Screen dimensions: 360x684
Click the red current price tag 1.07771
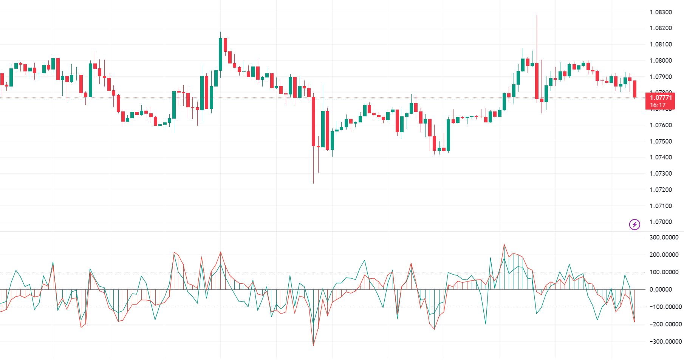tap(661, 98)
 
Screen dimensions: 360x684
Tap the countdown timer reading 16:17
tap(658, 105)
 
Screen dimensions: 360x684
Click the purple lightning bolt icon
tap(634, 225)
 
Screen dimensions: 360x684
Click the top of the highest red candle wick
tap(537, 15)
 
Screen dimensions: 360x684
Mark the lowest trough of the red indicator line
tap(313, 345)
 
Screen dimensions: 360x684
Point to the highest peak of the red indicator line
tap(504, 244)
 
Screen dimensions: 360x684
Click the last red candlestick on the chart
tap(635, 89)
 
